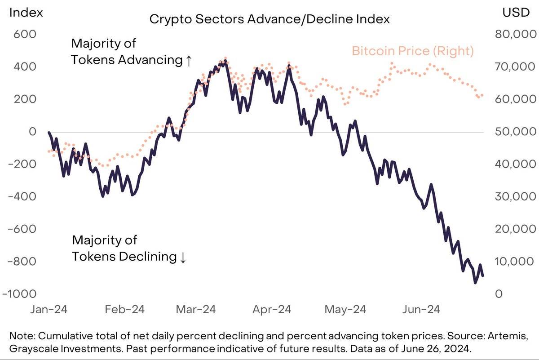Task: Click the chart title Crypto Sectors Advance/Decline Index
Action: click(269, 19)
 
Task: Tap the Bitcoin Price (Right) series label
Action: click(412, 51)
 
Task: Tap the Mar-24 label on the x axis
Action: click(195, 310)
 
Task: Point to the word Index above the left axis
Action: click(26, 13)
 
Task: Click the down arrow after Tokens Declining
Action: click(182, 258)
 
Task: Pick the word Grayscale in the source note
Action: click(31, 349)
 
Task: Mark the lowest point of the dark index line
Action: click(475, 283)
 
